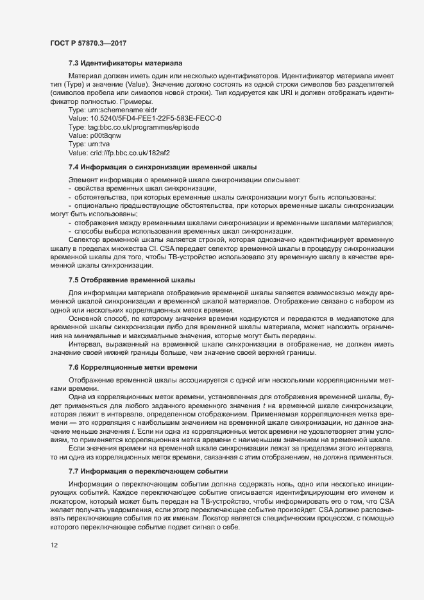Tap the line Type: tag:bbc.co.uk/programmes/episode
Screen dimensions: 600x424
[133, 128]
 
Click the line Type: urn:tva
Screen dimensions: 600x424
[92, 144]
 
